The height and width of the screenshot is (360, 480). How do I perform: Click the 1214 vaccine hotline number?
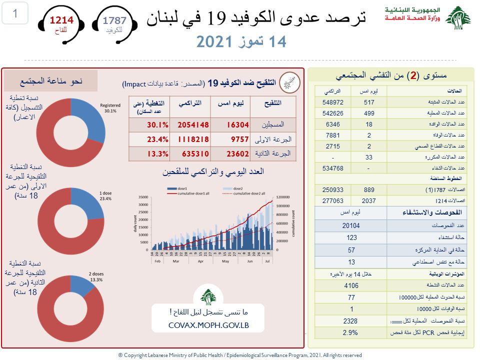tap(61, 20)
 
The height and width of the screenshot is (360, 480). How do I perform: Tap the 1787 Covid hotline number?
tap(114, 20)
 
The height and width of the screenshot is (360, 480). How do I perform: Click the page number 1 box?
tap(15, 13)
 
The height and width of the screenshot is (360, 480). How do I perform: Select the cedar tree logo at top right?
tap(457, 19)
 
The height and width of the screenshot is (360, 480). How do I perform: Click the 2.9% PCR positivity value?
tap(351, 332)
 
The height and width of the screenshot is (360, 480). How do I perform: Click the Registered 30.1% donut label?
tap(110, 108)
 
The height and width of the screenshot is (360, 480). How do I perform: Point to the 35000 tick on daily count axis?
tap(143, 197)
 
